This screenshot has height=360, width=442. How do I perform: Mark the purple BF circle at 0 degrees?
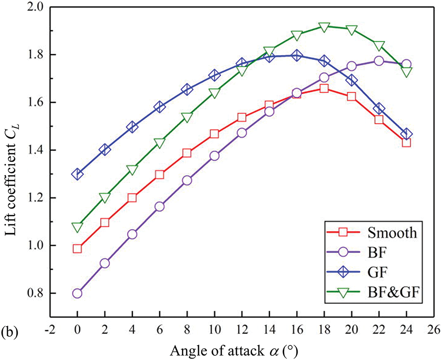pyautogui.click(x=77, y=293)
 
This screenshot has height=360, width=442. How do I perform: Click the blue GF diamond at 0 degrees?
pyautogui.click(x=77, y=174)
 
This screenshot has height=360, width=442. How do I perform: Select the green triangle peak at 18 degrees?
pyautogui.click(x=324, y=27)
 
